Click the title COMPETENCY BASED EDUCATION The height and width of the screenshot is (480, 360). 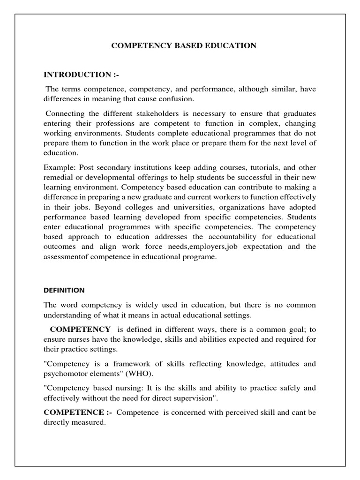183,45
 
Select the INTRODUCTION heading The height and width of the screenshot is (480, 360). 82,75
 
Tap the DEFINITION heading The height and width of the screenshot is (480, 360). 64,290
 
